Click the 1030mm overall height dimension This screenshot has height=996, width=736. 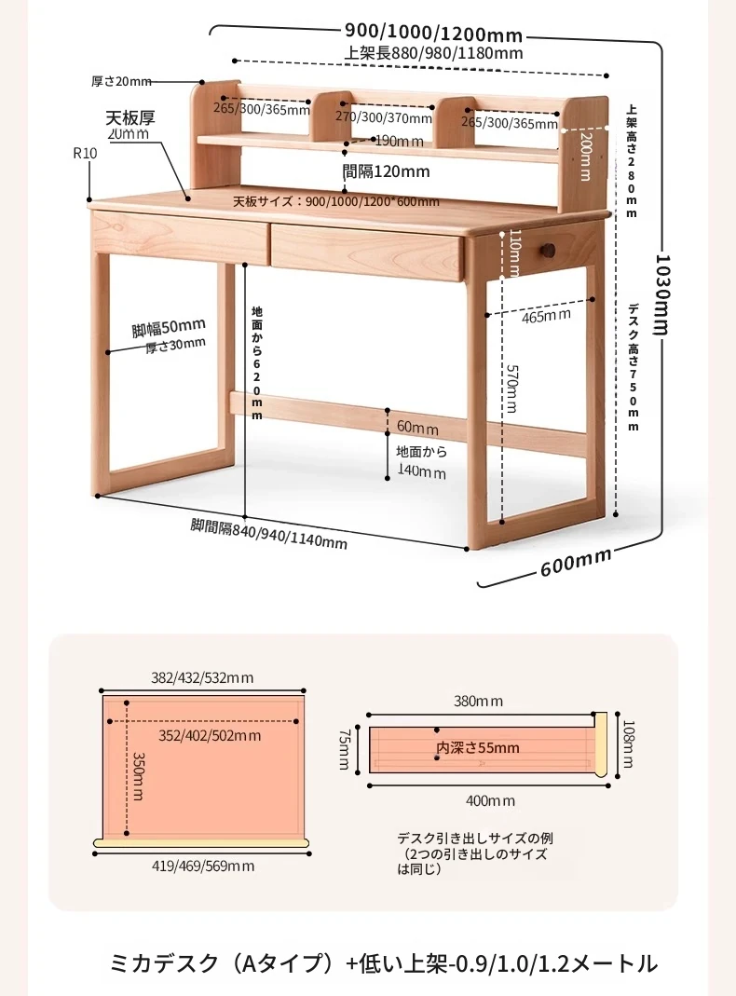662,294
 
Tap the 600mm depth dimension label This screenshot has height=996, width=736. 576,562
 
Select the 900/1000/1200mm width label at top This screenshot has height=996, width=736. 434,32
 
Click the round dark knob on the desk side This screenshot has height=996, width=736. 547,248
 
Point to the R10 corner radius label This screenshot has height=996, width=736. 85,153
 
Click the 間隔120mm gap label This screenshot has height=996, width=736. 386,171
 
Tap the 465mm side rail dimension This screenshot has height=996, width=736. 546,315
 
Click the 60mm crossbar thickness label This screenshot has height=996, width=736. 417,427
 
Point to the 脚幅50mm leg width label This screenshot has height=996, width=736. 169,328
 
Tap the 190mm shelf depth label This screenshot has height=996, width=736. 399,141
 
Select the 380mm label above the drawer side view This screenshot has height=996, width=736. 478,702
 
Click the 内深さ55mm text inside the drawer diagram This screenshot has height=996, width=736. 478,747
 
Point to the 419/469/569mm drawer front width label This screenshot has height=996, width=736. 203,866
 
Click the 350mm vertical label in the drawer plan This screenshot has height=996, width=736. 138,776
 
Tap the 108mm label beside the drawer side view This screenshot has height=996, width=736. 628,744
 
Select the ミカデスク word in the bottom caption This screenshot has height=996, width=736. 165,963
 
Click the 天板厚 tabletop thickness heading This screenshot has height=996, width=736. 130,117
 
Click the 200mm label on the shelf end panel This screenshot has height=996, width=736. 585,157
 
